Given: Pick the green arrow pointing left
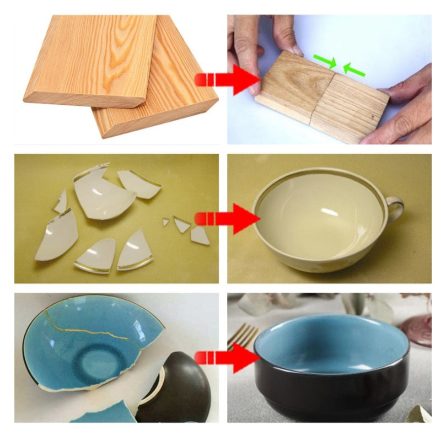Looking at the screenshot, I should click(353, 70).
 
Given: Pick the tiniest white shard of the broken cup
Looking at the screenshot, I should click(165, 222).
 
